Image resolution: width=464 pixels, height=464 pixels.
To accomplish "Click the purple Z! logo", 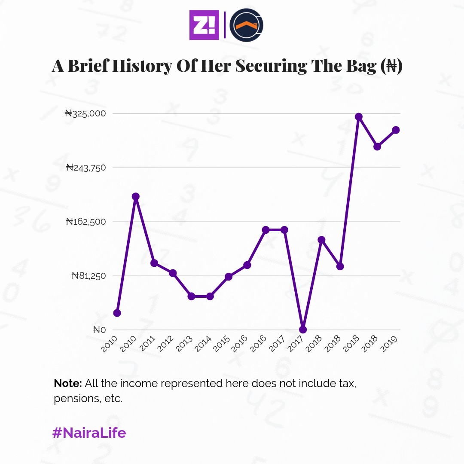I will pos(204,25).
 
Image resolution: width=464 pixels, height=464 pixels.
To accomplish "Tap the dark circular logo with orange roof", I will pos(246,25).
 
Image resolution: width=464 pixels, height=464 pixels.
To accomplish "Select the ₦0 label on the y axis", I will pos(99,330).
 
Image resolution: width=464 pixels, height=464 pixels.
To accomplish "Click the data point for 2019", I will pos(396,130).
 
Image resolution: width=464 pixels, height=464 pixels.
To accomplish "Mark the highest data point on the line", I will pos(359,117).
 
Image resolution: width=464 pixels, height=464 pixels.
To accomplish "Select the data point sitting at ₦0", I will pos(303,330).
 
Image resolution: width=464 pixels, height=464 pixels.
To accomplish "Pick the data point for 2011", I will pos(154,263).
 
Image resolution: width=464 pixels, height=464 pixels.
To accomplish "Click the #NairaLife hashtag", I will pos(89,433).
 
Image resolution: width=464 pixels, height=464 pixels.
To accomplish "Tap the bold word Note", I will pos(68,383).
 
